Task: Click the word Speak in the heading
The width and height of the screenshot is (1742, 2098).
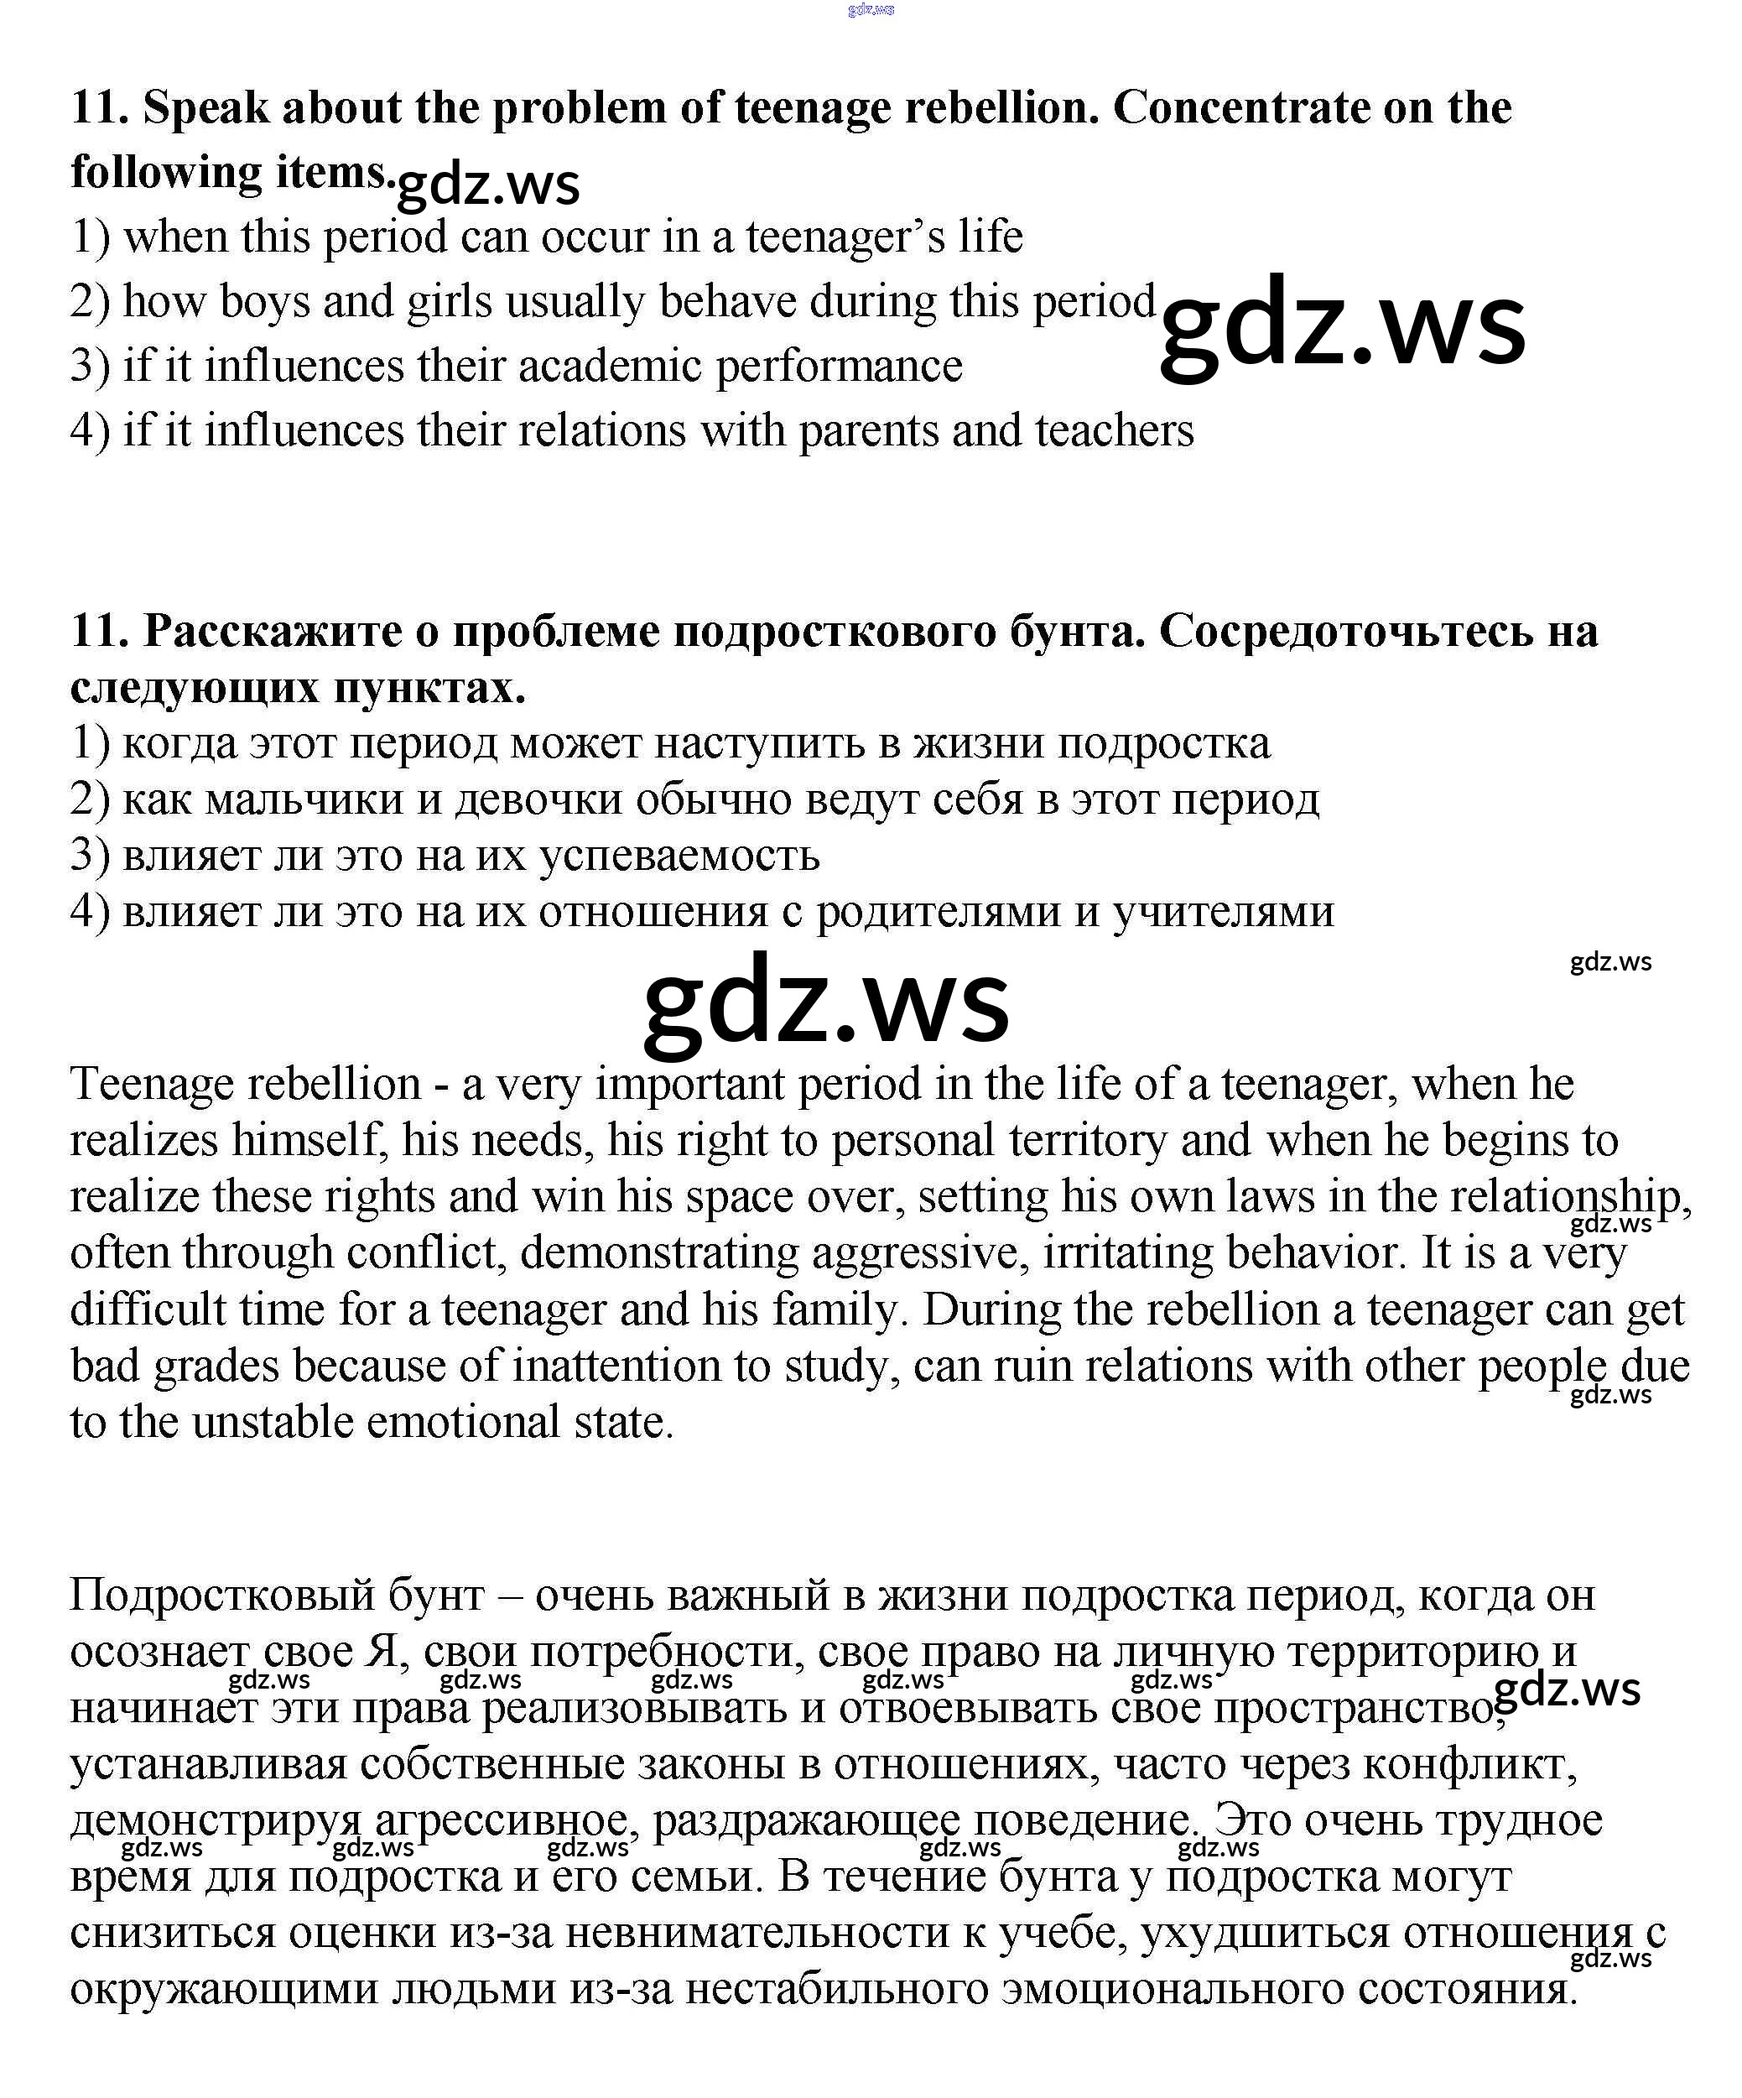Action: (205, 109)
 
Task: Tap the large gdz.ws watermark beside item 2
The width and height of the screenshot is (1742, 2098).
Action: (1341, 325)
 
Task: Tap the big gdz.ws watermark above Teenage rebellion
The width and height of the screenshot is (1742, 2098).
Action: (825, 1002)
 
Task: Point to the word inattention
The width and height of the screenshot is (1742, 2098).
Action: (616, 1367)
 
